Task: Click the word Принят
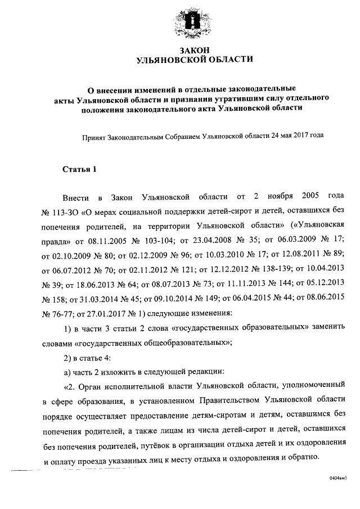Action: click(94, 136)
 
